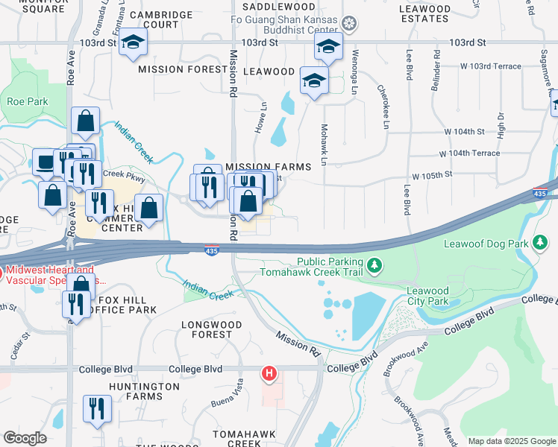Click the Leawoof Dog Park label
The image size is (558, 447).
coord(496,244)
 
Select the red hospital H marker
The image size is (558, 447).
coord(270,372)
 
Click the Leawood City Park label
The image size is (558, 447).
coord(428,296)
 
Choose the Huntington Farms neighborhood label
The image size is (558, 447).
coord(144,392)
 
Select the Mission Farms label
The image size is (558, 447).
coord(268,167)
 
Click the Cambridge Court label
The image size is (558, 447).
coord(160,19)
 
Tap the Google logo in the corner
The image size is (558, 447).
coord(25,438)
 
